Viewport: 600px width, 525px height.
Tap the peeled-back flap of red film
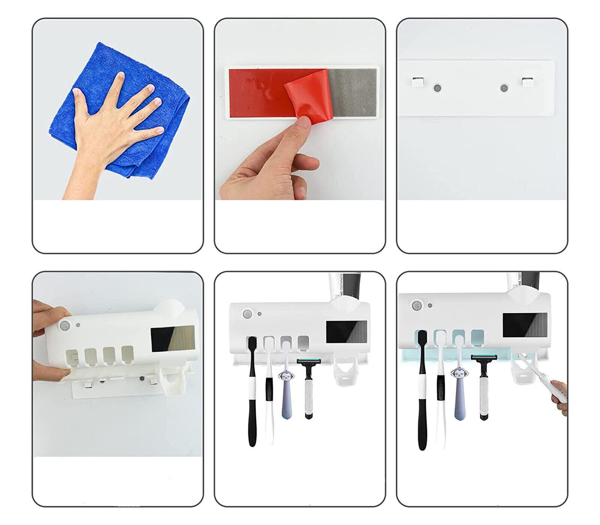click(x=308, y=96)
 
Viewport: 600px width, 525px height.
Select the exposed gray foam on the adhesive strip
click(x=353, y=92)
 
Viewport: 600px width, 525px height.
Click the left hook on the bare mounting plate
click(x=417, y=81)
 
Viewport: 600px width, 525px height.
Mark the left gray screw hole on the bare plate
click(x=437, y=88)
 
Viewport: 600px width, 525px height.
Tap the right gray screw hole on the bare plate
click(x=504, y=88)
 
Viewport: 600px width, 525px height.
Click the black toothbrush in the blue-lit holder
click(x=422, y=390)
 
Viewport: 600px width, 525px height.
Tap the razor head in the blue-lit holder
click(x=484, y=357)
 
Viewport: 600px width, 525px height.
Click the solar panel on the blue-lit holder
click(x=524, y=325)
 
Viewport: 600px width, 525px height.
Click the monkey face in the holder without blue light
click(x=287, y=376)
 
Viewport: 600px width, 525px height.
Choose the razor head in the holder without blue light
click(x=309, y=362)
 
